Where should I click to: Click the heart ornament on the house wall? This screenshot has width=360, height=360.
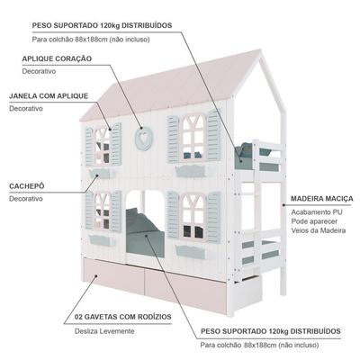144,139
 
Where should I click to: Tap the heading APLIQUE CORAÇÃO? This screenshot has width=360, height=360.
57,58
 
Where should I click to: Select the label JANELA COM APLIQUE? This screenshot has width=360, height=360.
49,96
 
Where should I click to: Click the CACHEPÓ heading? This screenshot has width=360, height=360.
27,186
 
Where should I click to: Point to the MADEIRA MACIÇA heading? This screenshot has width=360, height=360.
322,199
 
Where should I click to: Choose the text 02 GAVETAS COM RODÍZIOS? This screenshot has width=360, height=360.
123,317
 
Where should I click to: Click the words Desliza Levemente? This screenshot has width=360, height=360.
104,331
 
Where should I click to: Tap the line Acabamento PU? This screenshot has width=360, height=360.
317,212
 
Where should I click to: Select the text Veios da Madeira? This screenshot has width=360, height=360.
319,230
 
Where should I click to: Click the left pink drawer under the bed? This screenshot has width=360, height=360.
114,276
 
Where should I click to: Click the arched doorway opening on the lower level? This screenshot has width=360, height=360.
145,224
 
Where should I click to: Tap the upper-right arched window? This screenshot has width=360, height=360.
193,138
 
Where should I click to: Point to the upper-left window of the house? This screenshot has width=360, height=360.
103,147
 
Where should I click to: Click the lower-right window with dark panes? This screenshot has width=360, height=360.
193,217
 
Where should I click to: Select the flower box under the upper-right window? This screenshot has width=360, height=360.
191,171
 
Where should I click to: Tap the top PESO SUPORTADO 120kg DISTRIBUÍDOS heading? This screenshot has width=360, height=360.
102,25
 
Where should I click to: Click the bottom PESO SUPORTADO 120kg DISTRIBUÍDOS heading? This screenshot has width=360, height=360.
271,331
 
